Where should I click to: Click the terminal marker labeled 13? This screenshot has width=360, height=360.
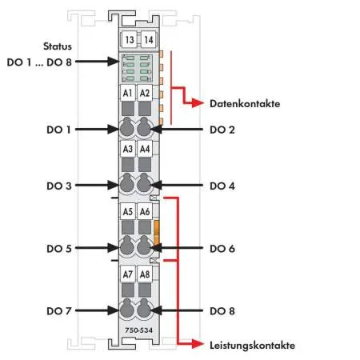(130, 40)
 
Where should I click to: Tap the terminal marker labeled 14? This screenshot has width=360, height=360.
(148, 40)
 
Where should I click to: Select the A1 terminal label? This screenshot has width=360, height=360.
(128, 93)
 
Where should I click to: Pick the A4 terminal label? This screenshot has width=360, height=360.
(145, 149)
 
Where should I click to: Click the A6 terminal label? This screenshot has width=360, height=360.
(145, 211)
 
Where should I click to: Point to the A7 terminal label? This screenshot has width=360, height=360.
(128, 274)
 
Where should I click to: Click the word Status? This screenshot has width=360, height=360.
(58, 46)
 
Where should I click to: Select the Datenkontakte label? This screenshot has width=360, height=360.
(245, 104)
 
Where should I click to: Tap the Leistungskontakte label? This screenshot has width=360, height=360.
(252, 346)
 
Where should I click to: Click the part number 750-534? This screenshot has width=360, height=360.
(139, 330)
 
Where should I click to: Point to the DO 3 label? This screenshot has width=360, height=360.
(59, 186)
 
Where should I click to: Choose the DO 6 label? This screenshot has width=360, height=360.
(222, 249)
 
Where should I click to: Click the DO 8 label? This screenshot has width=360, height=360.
(222, 311)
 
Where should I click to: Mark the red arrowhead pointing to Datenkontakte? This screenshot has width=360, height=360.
(198, 102)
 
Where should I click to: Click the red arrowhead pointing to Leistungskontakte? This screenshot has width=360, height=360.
(198, 344)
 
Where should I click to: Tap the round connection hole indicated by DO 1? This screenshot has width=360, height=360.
(127, 128)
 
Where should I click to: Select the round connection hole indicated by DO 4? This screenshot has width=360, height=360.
(144, 184)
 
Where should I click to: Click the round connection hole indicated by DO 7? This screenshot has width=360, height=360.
(127, 310)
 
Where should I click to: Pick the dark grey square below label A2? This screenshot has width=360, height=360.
(145, 109)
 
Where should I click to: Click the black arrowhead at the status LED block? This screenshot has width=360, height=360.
(113, 62)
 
